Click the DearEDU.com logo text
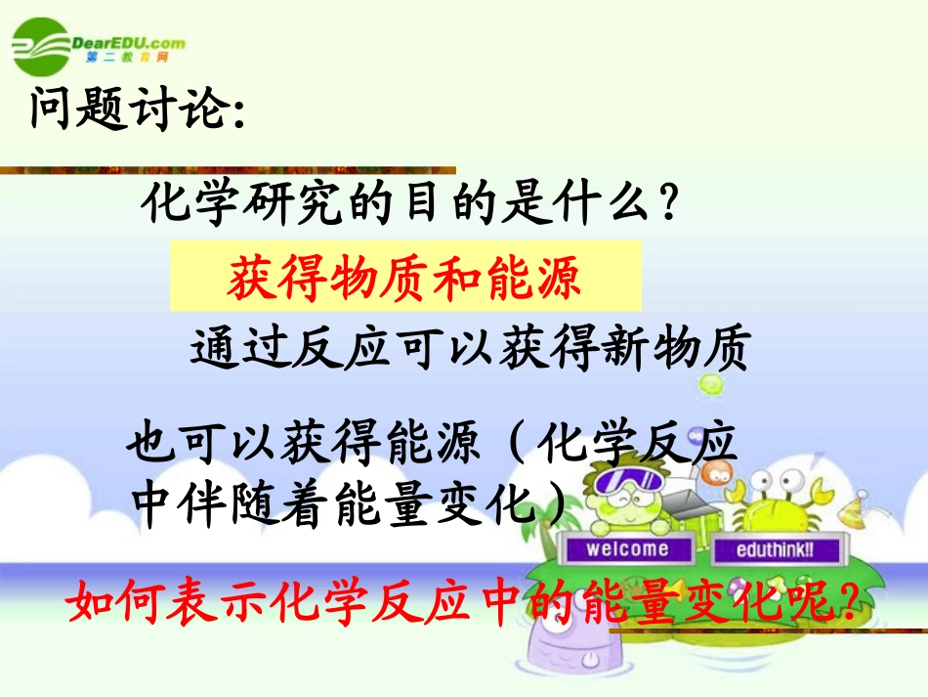[128, 42]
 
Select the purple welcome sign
[627, 548]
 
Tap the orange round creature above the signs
[718, 475]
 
